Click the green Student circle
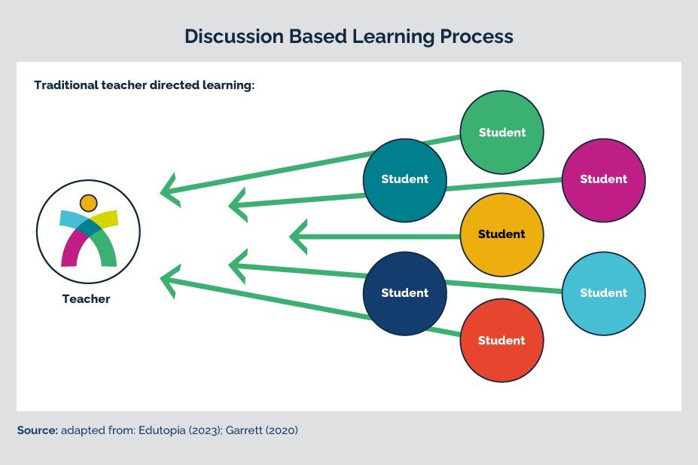pos(502,133)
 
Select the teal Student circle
pos(404,180)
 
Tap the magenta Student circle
pos(604,179)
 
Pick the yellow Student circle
pos(501,234)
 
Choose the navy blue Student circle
pos(404,293)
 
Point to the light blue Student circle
pos(604,293)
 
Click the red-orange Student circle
pos(501,341)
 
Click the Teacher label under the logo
pos(86,299)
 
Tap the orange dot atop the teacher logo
pos(88,203)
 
